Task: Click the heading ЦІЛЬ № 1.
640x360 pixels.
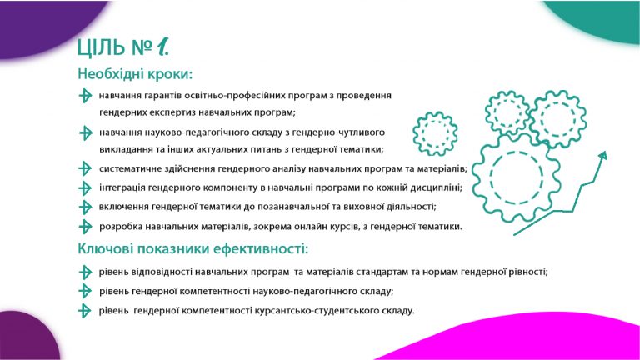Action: (x=122, y=47)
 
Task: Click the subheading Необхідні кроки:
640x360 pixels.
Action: (x=135, y=74)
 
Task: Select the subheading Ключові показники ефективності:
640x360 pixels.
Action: (x=192, y=248)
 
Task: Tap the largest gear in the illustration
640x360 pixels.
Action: (x=516, y=178)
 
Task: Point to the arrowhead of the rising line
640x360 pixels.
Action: (x=602, y=156)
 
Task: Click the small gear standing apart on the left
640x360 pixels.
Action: (x=435, y=133)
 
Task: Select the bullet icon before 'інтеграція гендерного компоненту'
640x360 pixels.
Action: (x=85, y=188)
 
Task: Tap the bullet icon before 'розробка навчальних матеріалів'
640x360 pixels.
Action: (x=85, y=227)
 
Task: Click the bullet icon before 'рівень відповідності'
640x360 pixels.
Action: (x=85, y=272)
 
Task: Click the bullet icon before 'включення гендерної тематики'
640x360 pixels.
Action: (x=85, y=207)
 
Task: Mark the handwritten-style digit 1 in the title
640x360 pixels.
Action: (x=162, y=47)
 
